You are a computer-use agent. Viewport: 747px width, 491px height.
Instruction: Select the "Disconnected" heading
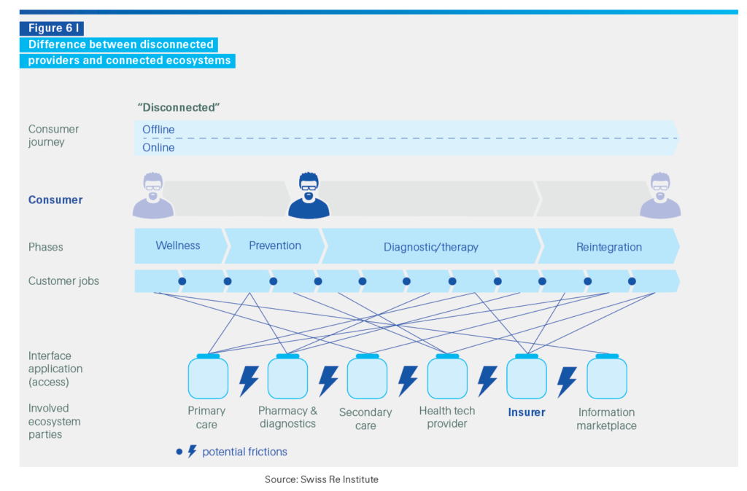(x=179, y=108)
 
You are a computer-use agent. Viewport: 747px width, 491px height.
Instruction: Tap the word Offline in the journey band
(x=158, y=130)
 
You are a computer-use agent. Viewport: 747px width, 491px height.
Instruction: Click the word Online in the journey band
(x=158, y=147)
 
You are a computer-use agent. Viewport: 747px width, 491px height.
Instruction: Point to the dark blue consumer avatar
(x=309, y=196)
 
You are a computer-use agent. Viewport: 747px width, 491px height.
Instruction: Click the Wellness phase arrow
(x=178, y=246)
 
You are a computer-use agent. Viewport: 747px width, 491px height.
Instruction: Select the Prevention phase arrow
(x=274, y=246)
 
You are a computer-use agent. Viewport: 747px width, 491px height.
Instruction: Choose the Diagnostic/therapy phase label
(x=430, y=247)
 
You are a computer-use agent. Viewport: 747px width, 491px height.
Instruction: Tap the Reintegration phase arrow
(x=608, y=247)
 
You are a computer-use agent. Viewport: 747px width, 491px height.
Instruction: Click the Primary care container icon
(x=208, y=377)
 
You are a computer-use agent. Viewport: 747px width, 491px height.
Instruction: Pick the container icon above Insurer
(x=527, y=377)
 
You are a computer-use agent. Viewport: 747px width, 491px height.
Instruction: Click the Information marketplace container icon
(x=607, y=377)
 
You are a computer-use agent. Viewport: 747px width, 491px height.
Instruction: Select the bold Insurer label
(x=527, y=412)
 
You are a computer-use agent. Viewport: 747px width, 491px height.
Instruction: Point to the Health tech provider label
(x=446, y=417)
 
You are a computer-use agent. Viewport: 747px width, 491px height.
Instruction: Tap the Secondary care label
(x=365, y=419)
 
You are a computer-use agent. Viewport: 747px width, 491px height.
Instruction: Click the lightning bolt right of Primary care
(x=249, y=380)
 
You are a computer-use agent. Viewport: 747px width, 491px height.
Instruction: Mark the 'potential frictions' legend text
(x=244, y=452)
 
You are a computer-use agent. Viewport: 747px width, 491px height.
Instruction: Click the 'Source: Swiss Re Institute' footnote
(x=321, y=479)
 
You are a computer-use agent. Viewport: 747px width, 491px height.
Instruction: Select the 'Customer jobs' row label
(x=63, y=281)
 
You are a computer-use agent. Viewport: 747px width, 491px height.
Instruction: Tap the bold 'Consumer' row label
(x=55, y=200)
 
